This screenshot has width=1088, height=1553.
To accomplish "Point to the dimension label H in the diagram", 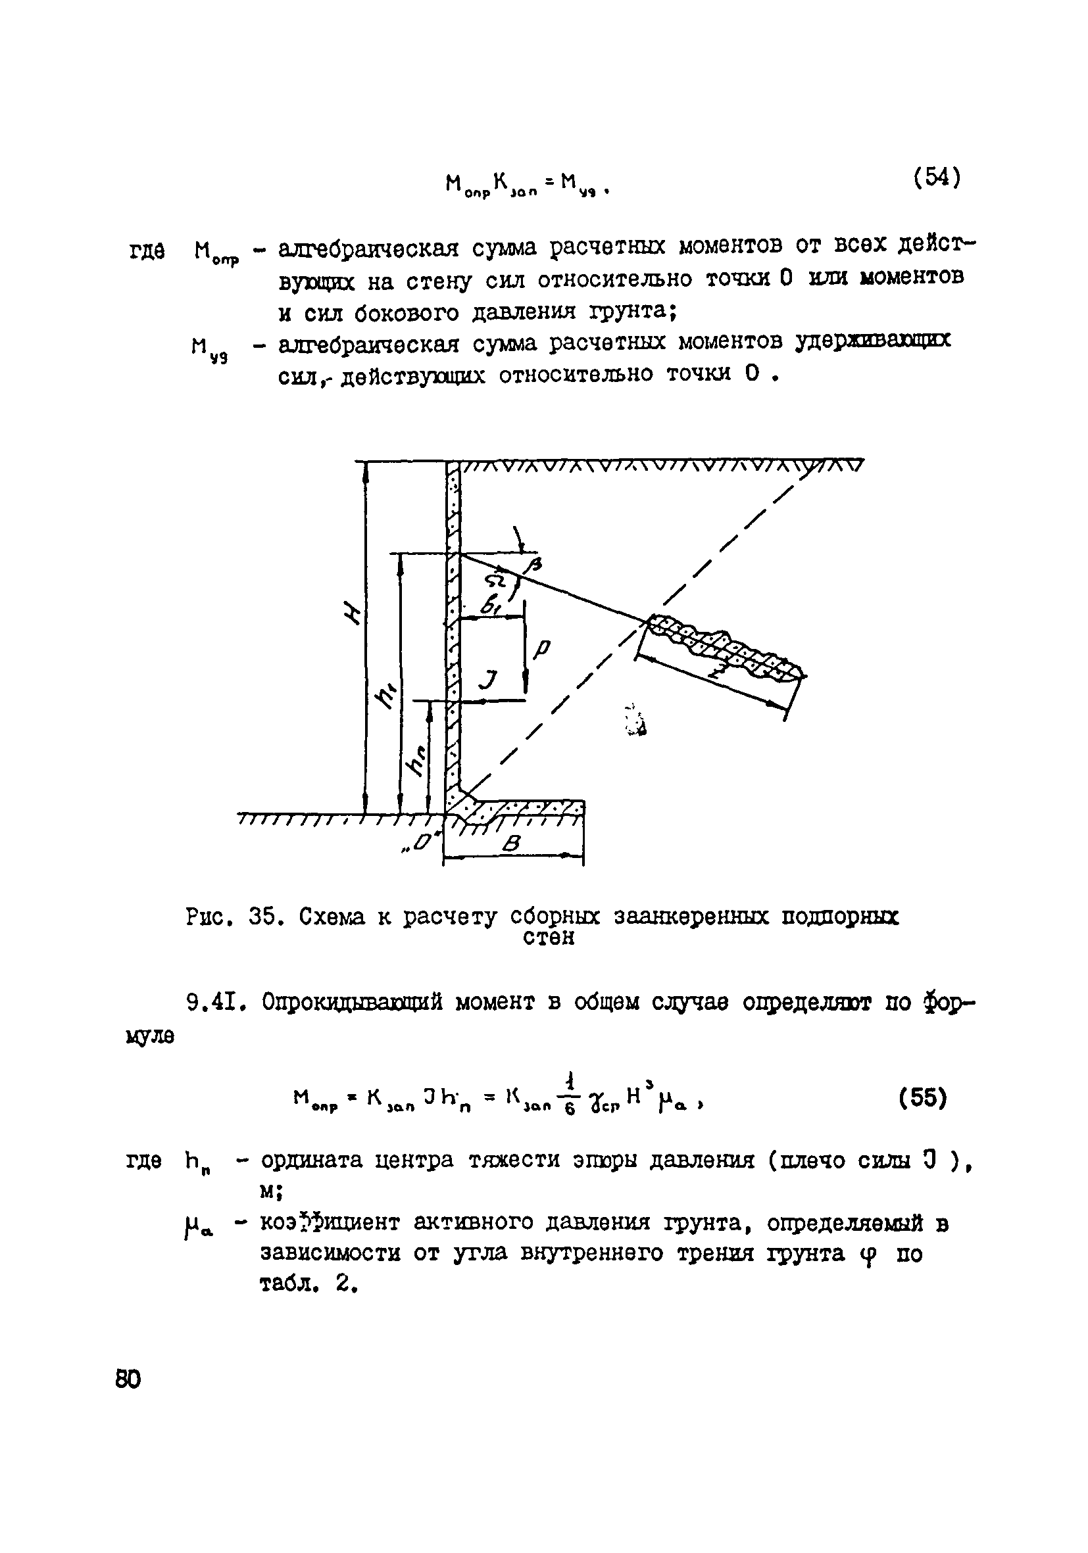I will click(x=353, y=613).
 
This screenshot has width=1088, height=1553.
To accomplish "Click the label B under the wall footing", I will click(x=512, y=844).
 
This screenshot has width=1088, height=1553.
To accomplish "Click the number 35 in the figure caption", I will click(x=262, y=917).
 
